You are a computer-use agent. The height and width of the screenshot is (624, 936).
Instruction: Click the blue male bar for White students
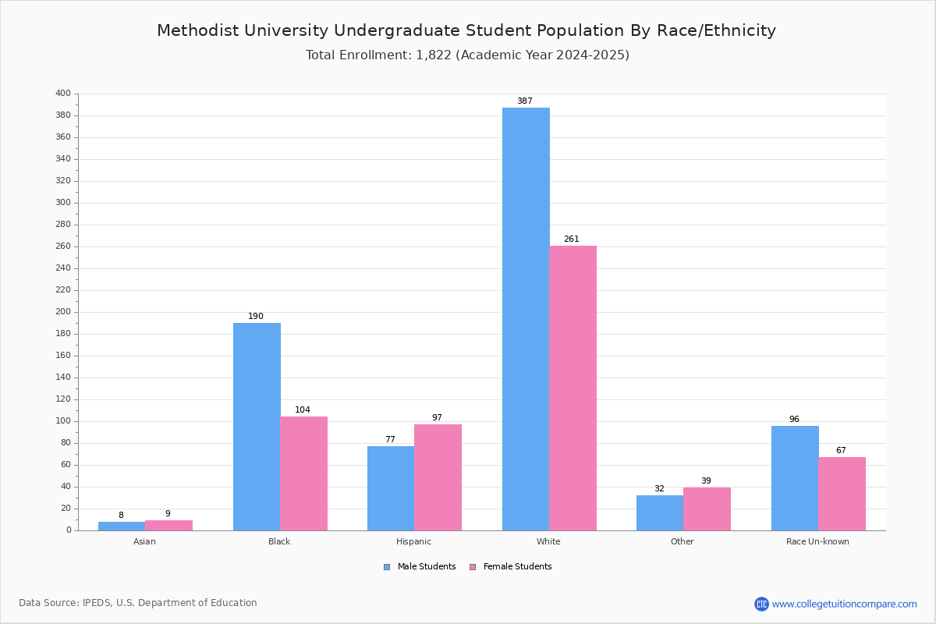pos(526,319)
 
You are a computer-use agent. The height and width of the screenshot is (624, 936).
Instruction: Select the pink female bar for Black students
pos(304,473)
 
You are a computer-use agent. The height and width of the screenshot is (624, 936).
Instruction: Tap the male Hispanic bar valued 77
pos(391,488)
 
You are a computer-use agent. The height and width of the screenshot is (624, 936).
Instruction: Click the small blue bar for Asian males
pos(122,526)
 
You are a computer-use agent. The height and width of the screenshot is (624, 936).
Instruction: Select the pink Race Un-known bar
pos(842,494)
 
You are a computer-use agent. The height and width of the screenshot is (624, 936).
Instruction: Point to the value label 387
pos(525,101)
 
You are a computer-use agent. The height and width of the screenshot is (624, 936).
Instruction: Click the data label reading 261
pos(572,239)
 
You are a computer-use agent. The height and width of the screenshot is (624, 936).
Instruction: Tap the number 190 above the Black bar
pos(256,317)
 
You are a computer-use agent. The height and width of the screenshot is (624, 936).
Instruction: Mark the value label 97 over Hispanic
pos(437,418)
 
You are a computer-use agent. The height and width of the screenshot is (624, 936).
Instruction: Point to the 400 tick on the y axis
pos(63,94)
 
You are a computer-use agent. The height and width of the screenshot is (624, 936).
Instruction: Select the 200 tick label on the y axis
pos(63,312)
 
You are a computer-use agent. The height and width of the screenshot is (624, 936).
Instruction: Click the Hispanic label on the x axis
pos(413,541)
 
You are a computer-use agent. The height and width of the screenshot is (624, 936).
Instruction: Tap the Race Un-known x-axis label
pos(817,541)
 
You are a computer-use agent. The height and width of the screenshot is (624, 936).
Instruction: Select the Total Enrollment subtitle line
pos(467,55)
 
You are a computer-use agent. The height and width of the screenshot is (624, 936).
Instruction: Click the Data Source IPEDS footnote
pos(138,603)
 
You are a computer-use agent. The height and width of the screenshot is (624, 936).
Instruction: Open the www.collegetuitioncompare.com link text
pos(844,604)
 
